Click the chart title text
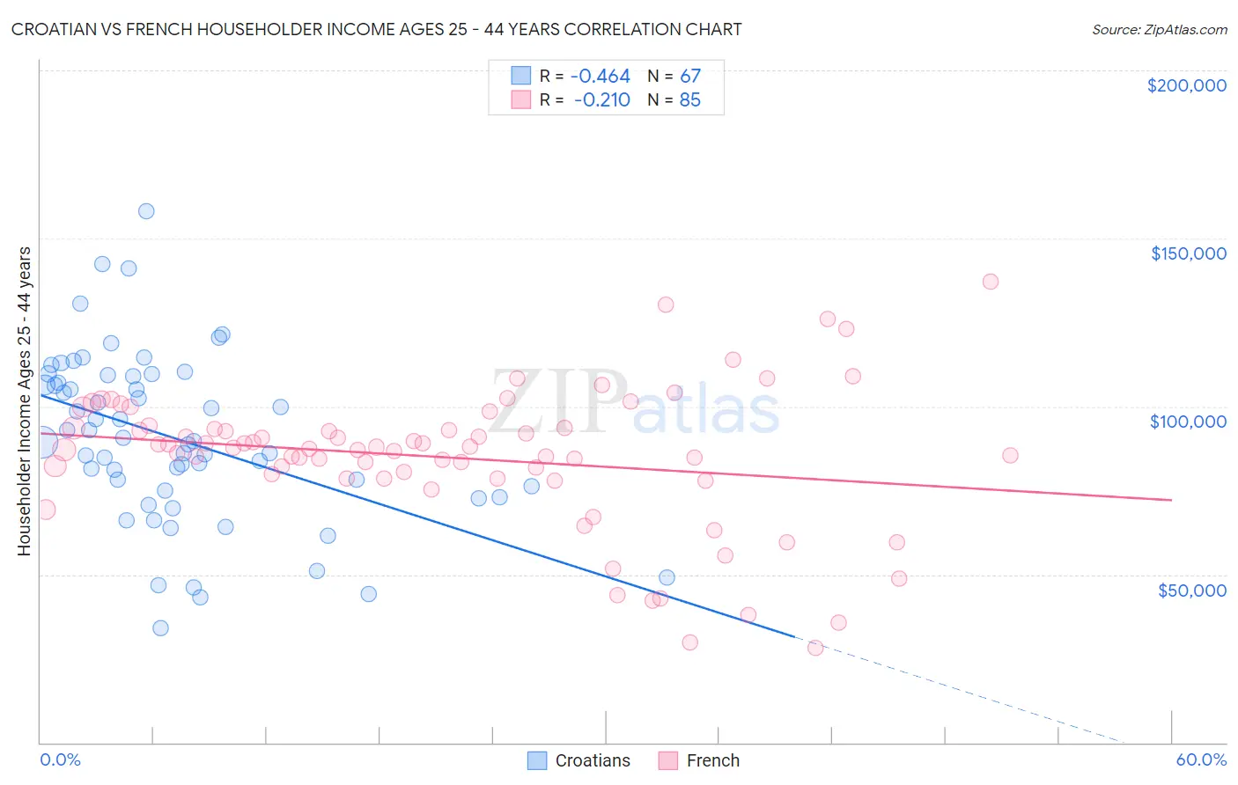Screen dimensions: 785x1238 (x=376, y=29)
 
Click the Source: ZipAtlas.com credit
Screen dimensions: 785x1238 (x=1159, y=29)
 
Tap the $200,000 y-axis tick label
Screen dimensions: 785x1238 (x=1186, y=85)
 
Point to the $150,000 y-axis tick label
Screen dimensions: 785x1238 (x=1188, y=253)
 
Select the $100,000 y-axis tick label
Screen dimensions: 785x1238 (x=1188, y=422)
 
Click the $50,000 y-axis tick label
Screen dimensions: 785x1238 (x=1191, y=590)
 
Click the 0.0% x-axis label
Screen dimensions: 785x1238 (x=60, y=759)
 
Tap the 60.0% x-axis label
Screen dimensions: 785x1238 (x=1201, y=759)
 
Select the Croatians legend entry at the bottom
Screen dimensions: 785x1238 (x=579, y=760)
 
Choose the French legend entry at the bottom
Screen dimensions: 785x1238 (x=700, y=760)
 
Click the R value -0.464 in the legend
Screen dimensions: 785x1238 (x=601, y=77)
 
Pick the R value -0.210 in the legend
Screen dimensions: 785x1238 (x=601, y=100)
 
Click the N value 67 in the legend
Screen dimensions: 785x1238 (x=690, y=77)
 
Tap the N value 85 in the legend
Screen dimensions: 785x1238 (x=690, y=100)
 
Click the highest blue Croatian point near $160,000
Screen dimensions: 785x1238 (x=146, y=211)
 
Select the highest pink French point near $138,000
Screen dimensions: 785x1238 (x=991, y=282)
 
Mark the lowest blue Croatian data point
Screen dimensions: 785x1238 (x=160, y=627)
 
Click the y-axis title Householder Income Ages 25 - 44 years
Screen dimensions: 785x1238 (x=25, y=401)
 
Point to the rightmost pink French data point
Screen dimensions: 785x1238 (x=1010, y=455)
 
